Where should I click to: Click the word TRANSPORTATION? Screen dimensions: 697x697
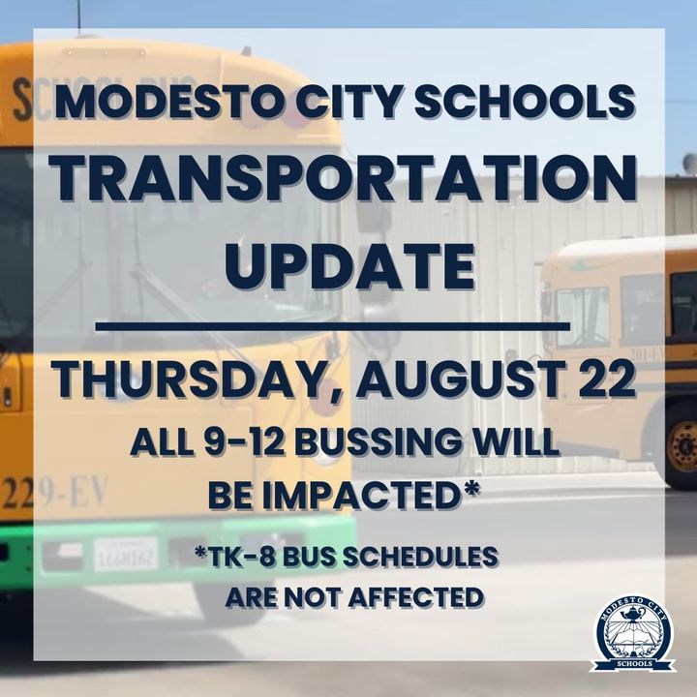pyautogui.click(x=345, y=179)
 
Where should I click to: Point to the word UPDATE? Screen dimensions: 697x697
pyautogui.click(x=349, y=266)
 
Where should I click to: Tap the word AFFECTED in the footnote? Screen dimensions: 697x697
pyautogui.click(x=415, y=597)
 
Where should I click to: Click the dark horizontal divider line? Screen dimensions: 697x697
pyautogui.click(x=332, y=327)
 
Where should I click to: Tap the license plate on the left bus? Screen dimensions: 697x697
pyautogui.click(x=126, y=554)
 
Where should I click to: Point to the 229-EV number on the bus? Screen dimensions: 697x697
pyautogui.click(x=53, y=493)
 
